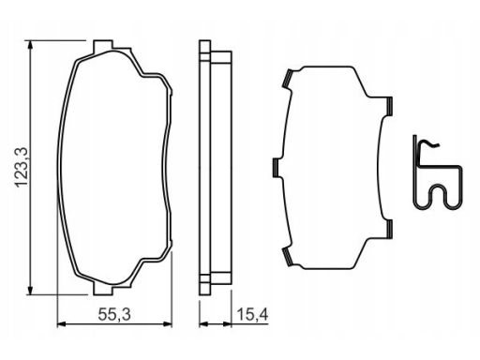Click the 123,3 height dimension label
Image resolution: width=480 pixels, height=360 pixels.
(22, 167)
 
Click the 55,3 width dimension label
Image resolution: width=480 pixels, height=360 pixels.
(114, 314)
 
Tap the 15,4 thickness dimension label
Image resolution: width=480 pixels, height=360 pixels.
(252, 314)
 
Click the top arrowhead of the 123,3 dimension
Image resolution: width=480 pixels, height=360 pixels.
(30, 45)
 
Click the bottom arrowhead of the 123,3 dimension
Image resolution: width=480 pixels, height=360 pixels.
(30, 290)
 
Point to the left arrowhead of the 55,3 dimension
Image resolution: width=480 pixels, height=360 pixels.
(62, 324)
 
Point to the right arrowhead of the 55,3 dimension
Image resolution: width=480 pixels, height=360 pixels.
(167, 324)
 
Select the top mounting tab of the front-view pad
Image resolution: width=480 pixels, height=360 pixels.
(103, 46)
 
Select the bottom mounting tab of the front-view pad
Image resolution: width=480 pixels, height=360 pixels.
(103, 289)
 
